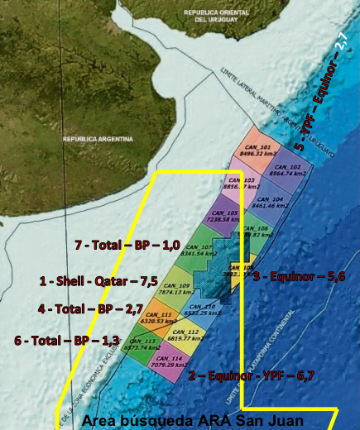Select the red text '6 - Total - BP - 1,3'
(x=68, y=341)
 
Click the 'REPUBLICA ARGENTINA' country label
(x=97, y=139)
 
